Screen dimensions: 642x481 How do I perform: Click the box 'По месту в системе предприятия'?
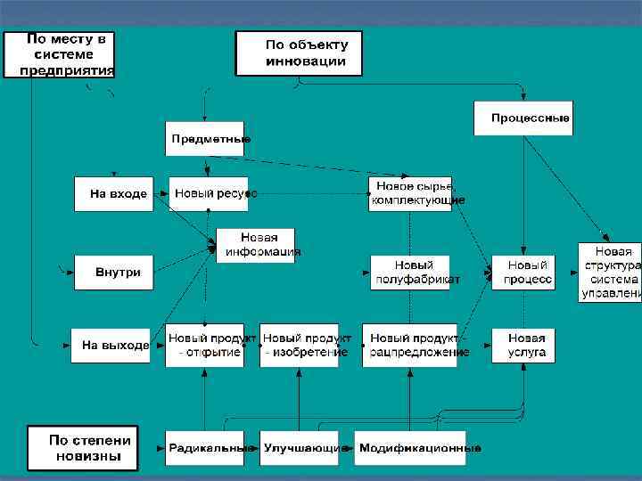[x=60, y=54]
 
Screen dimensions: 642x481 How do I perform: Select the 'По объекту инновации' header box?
[x=299, y=54]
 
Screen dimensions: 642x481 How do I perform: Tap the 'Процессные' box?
[x=523, y=118]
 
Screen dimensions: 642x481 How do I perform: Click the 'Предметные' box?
[x=206, y=139]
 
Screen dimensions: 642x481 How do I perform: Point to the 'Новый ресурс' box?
[x=209, y=193]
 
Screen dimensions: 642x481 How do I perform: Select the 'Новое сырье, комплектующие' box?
[x=410, y=193]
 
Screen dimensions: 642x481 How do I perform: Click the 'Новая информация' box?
[x=257, y=245]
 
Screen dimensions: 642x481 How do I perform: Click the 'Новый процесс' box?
[x=523, y=273]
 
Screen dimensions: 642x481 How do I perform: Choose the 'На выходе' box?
[x=111, y=346]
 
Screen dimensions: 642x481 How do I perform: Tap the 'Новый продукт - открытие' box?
[x=205, y=346]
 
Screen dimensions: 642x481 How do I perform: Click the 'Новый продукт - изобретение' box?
[x=300, y=346]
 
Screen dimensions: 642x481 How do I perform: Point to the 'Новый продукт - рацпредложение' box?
[x=410, y=346]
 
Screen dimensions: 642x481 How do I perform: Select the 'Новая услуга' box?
[x=523, y=346]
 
